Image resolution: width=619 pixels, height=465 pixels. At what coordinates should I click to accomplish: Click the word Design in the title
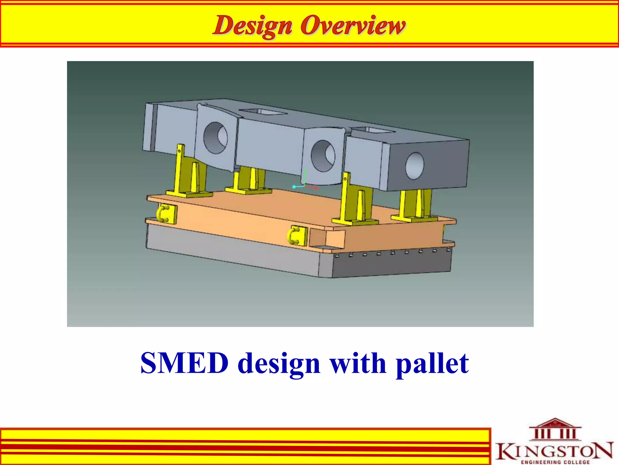(x=252, y=26)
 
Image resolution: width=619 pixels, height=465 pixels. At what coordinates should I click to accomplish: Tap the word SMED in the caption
(x=184, y=363)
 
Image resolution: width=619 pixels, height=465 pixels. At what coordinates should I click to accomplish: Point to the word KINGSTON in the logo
(x=555, y=451)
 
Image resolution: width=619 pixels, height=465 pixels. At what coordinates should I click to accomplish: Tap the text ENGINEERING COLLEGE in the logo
(x=556, y=462)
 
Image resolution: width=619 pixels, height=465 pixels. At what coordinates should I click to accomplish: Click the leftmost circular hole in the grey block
(x=216, y=138)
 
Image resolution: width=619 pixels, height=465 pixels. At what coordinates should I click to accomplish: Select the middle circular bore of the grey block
(x=323, y=156)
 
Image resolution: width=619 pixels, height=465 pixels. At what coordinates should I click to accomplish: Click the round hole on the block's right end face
(x=415, y=166)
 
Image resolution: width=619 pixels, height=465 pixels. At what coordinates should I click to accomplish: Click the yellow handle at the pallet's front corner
(x=295, y=236)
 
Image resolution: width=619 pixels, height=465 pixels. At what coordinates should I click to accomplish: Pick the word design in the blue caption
(x=279, y=363)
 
